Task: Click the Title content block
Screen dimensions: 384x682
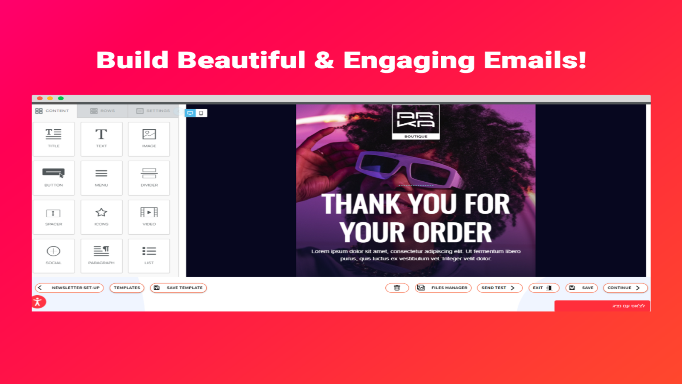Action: (54, 139)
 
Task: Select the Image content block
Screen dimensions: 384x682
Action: (149, 139)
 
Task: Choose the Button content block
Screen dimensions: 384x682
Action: (54, 177)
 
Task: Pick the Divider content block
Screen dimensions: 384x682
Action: (149, 177)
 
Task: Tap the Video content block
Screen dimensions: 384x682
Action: (149, 217)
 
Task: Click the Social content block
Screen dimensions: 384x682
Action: (54, 256)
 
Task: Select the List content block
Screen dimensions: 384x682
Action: (149, 256)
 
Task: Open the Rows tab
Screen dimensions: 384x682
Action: (103, 111)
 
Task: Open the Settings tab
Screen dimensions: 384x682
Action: (153, 111)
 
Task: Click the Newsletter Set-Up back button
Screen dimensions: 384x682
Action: (69, 288)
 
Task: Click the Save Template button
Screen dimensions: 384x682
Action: (178, 288)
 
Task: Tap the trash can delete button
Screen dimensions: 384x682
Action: (397, 288)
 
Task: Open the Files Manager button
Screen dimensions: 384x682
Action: (443, 288)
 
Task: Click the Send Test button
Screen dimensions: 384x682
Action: (499, 288)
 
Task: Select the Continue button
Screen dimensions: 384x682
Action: (625, 288)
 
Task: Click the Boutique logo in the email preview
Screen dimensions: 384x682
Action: (416, 122)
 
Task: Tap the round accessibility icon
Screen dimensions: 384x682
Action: (38, 302)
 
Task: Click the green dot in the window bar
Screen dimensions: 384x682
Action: (61, 98)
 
